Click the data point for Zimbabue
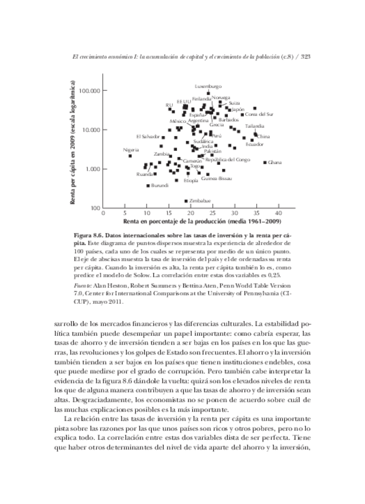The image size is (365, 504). pyautogui.click(x=186, y=201)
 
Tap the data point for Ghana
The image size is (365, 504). pyautogui.click(x=265, y=162)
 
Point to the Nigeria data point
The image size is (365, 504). pyautogui.click(x=130, y=156)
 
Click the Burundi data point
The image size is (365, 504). pyautogui.click(x=148, y=186)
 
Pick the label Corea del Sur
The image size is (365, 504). pyautogui.click(x=259, y=114)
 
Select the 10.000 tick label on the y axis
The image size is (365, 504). pyautogui.click(x=89, y=130)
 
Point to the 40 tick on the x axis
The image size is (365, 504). pyautogui.click(x=277, y=213)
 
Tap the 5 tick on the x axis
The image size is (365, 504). pyautogui.click(x=125, y=213)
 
